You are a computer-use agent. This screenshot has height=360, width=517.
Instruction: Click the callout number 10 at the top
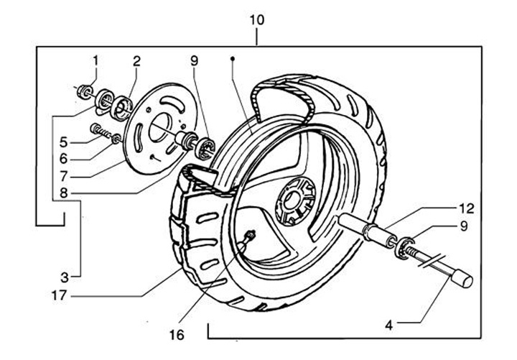257,20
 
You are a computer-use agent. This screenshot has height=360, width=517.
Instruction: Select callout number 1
96,60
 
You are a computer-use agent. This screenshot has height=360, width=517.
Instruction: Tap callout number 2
137,61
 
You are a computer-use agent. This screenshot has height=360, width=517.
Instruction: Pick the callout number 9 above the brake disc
194,61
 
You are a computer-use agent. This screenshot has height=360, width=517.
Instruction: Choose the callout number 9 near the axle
464,226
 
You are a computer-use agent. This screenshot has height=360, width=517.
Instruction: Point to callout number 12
467,208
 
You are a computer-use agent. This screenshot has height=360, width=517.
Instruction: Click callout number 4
389,326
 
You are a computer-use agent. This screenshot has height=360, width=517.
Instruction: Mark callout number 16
177,336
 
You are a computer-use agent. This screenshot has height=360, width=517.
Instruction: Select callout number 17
60,295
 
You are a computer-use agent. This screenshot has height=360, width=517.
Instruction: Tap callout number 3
65,277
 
